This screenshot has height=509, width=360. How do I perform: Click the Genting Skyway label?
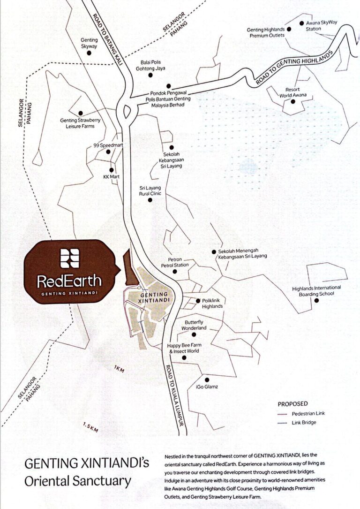[89, 43]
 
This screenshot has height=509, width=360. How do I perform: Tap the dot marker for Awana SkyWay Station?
[302, 22]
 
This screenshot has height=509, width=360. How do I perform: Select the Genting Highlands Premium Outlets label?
[265, 32]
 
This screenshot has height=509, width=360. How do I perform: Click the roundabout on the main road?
[127, 111]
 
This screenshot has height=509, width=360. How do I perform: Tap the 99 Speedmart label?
[108, 145]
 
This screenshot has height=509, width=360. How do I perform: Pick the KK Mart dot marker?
[112, 170]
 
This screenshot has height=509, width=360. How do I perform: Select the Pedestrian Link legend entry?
[307, 414]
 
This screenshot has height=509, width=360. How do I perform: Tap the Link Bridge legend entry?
[304, 423]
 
